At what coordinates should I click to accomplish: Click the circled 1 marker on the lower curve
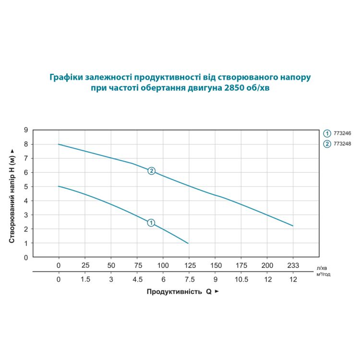151,223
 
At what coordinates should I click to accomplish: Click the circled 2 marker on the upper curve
152,171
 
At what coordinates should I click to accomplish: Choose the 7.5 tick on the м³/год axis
189,279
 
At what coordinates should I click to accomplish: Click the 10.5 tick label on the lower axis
241,279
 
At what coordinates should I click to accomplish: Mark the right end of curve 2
292,226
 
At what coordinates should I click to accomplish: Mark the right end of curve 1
188,243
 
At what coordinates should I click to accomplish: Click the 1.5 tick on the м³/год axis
85,279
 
